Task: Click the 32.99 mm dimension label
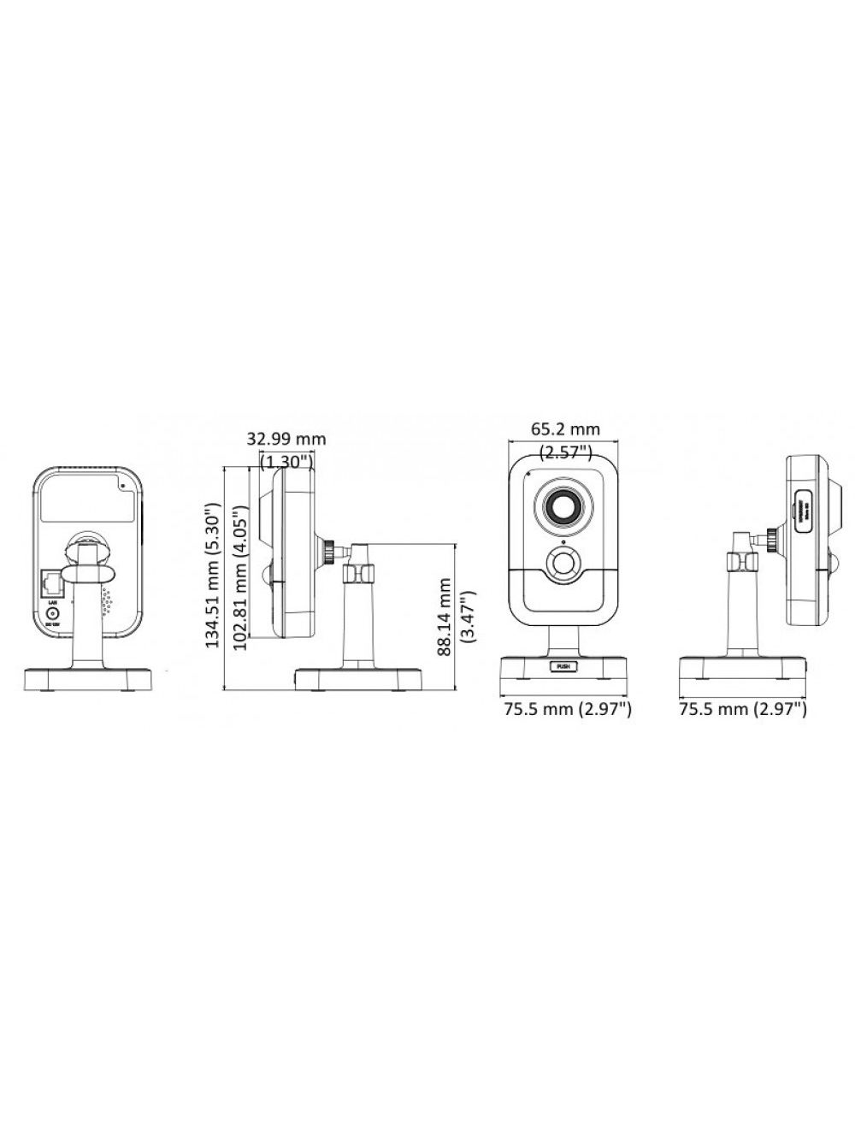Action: [286, 439]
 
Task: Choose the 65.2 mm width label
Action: [565, 428]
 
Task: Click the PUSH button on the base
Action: [562, 665]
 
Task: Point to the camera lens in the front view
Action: [564, 508]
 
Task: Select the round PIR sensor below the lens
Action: [563, 564]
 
